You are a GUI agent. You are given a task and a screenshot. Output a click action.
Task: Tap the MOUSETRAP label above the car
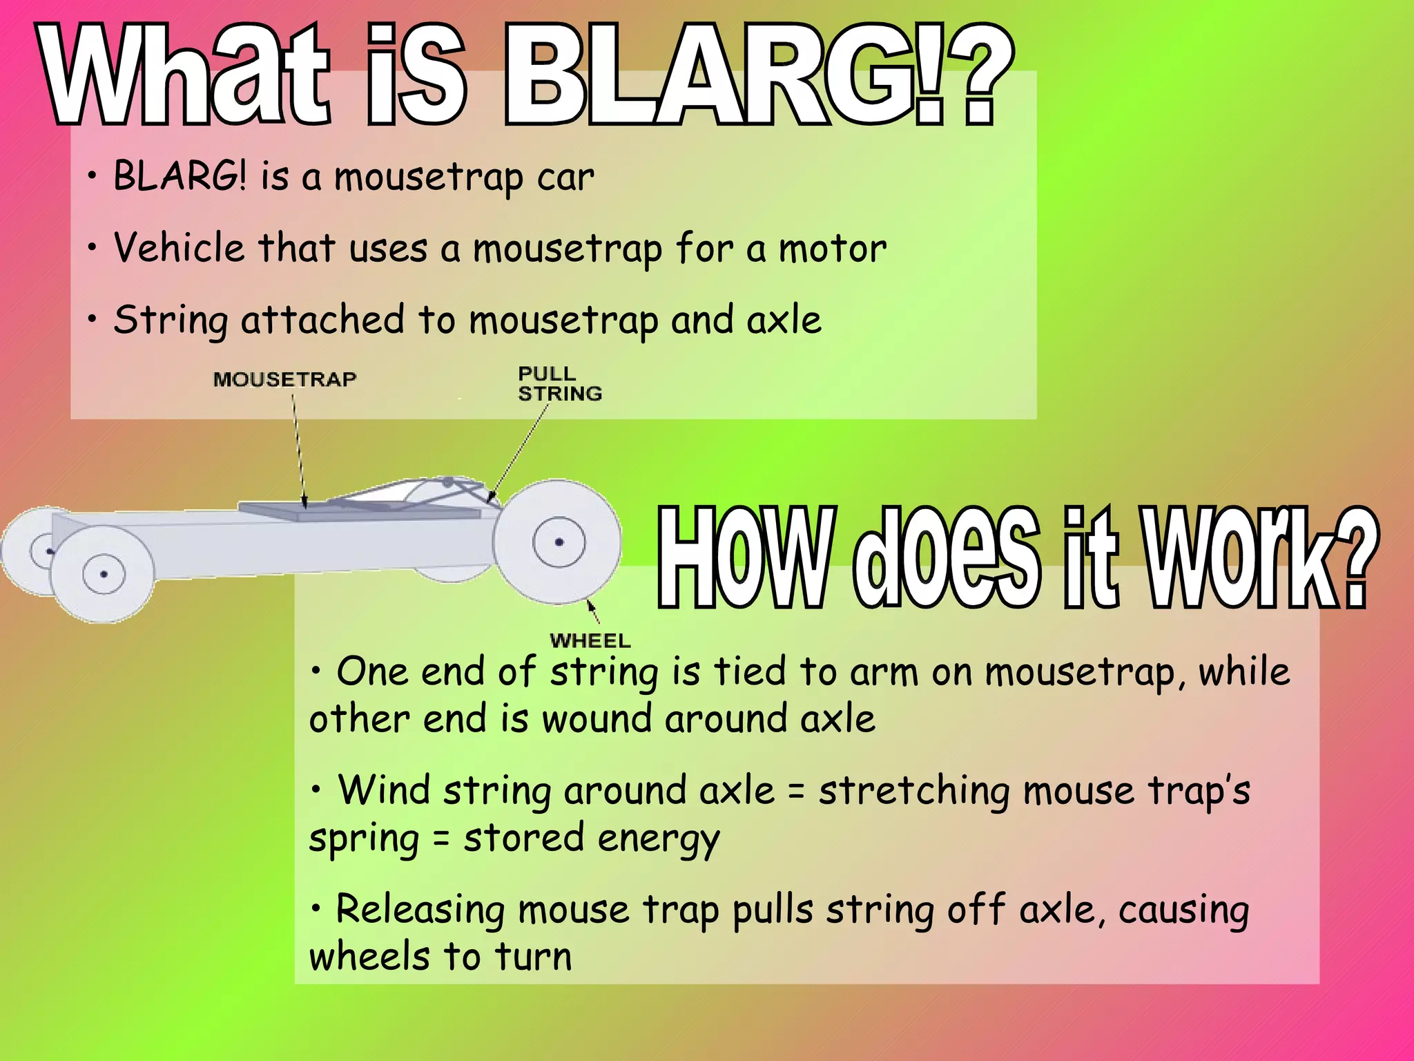coord(284,379)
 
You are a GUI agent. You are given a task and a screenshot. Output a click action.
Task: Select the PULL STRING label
coord(559,384)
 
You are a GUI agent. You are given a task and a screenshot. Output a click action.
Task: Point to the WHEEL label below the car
coord(590,641)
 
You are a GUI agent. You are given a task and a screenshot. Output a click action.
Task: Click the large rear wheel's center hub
coord(559,542)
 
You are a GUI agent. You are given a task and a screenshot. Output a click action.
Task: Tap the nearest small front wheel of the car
coord(103,574)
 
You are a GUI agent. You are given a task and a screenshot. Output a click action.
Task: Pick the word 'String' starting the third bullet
coord(171,321)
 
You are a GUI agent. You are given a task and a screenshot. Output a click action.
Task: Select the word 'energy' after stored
coord(659,840)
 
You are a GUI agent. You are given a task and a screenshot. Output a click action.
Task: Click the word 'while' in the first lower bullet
coord(1243,671)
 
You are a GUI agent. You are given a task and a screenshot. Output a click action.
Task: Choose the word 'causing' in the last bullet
coord(1183,910)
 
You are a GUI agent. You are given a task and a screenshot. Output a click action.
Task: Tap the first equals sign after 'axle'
coord(796,792)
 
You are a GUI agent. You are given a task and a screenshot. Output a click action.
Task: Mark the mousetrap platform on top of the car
coord(359,510)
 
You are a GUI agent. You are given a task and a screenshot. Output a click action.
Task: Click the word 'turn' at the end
coord(533,957)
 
